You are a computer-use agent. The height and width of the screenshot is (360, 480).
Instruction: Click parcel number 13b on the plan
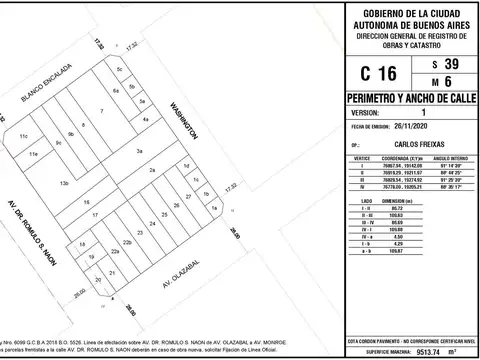(64, 184)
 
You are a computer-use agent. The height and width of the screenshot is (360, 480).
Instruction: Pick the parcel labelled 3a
(141, 150)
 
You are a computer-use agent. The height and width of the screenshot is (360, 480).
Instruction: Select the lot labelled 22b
(127, 243)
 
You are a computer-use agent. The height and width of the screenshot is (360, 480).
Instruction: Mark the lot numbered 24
(152, 222)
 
